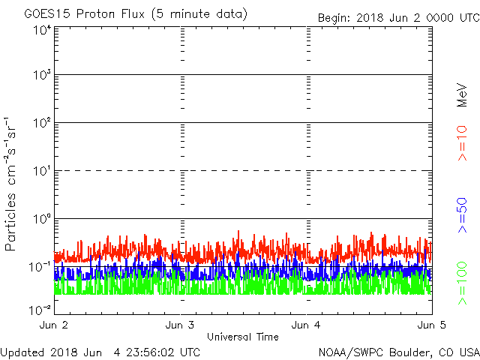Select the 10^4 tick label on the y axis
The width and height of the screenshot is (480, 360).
(41, 30)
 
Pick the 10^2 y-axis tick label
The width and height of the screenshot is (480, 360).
(41, 123)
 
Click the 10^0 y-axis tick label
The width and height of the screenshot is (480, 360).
(41, 219)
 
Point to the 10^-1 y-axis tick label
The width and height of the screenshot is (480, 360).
(40, 267)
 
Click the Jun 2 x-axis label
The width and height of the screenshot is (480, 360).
(53, 325)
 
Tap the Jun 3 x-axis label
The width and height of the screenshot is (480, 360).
(179, 325)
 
